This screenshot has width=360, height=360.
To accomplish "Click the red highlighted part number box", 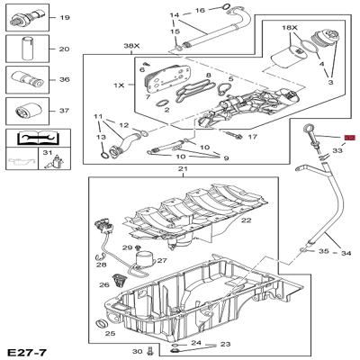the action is coord(350,138).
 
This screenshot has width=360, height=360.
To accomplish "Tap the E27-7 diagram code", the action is coord(27,352).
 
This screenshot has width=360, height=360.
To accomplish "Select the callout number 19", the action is coord(65,18).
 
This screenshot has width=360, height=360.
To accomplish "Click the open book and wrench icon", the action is coord(39,138).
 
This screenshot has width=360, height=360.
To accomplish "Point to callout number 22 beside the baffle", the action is coord(247,220).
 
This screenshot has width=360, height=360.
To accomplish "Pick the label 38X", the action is coord(132,46).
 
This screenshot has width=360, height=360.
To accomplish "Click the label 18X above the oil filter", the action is coord(290,28).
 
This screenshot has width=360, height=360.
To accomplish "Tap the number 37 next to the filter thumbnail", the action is coord(64,111).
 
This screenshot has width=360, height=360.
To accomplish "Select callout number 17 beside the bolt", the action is coord(253,137).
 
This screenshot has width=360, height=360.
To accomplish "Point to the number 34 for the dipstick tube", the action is coord(346,253).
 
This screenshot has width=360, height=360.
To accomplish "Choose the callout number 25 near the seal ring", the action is coord(110,333).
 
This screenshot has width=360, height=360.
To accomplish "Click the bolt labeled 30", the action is coord(150,351).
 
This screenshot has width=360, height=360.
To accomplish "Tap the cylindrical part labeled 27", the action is coord(145,258).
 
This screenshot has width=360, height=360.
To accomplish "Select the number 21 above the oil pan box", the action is coord(183,169).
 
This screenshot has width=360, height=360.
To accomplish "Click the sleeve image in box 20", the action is coord(27,48).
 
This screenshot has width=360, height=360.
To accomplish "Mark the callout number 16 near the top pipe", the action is coord(200,11).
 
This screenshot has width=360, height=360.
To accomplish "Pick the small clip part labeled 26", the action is coord(120,280).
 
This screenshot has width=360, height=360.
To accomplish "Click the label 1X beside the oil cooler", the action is coord(119,85).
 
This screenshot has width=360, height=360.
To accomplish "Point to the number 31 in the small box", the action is coord(48,153).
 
